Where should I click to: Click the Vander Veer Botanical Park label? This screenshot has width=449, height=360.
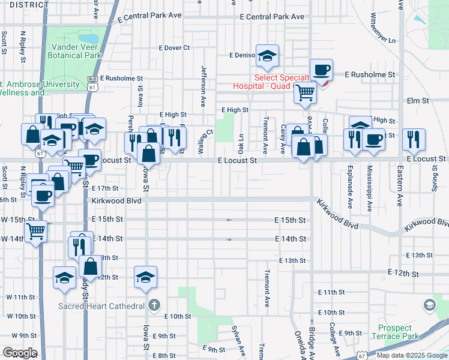tap(76, 50)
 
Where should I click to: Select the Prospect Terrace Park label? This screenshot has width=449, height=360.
tap(395, 332)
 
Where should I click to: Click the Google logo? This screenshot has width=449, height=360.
tap(19, 353)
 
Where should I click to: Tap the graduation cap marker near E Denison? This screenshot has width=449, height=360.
tap(267, 57)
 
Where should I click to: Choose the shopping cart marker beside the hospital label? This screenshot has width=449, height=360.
tap(306, 92)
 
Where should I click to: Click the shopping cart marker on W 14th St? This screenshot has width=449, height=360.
tap(36, 230)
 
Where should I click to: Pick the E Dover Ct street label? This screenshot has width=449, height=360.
tap(174, 47)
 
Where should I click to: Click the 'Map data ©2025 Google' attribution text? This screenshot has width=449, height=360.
tap(411, 355)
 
